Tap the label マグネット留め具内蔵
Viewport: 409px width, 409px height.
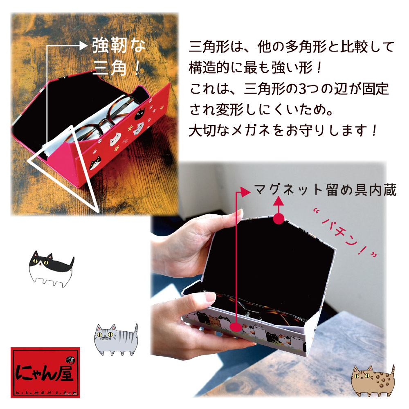point(325,190)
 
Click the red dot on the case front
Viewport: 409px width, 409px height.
point(236,327)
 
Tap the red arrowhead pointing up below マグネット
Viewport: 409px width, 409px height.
point(279,201)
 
